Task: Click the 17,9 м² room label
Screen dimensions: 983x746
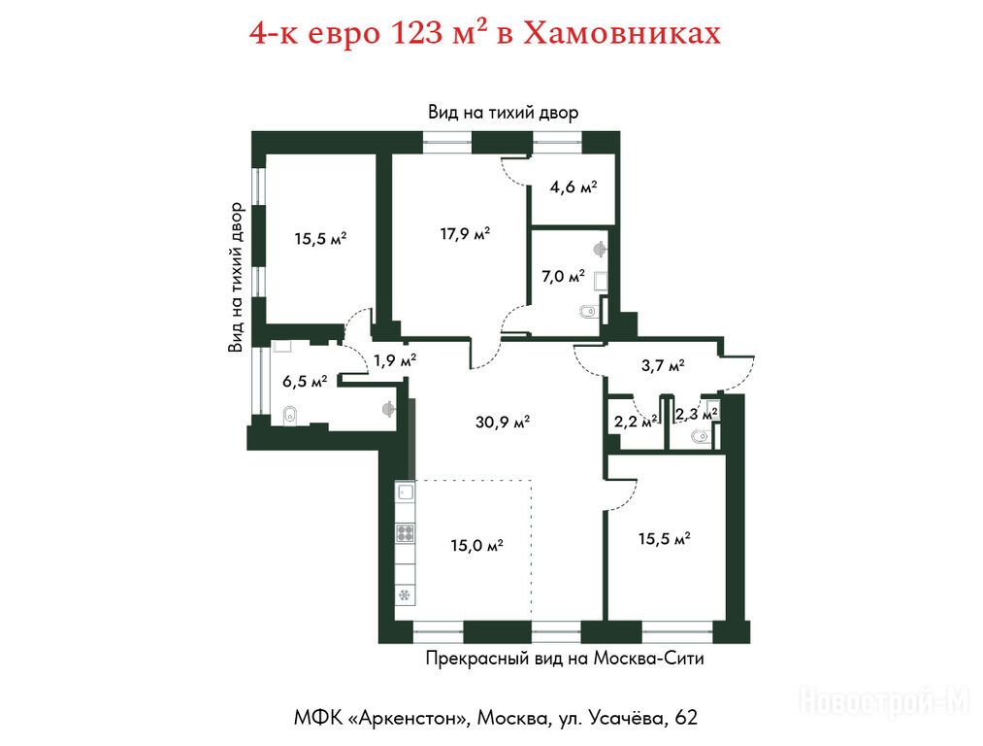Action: tap(465, 234)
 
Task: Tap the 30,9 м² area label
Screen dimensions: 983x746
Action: tap(502, 423)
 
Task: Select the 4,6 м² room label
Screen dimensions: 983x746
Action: tap(573, 186)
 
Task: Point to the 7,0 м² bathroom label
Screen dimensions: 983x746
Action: tap(563, 276)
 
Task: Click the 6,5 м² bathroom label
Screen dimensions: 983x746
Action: tap(305, 381)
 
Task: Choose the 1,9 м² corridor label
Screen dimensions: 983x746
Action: tap(395, 360)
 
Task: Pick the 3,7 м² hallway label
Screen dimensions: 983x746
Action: tap(663, 365)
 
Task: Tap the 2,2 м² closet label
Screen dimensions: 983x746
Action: tap(636, 422)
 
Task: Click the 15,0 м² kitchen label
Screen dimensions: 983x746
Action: tap(476, 546)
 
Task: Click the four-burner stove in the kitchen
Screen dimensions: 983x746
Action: tap(405, 533)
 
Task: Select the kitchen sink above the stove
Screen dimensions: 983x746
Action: tap(405, 491)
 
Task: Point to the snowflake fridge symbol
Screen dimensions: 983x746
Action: tap(405, 594)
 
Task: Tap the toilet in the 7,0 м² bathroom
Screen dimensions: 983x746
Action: tap(587, 312)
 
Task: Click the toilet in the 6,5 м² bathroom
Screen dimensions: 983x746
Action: tap(289, 415)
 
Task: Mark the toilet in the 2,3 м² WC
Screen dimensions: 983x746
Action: tap(701, 436)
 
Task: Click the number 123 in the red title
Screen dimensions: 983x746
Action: tap(417, 33)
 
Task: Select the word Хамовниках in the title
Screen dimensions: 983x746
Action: tap(621, 34)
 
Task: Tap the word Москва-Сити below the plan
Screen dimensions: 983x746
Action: tap(648, 659)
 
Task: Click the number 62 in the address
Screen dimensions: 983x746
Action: tap(686, 717)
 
